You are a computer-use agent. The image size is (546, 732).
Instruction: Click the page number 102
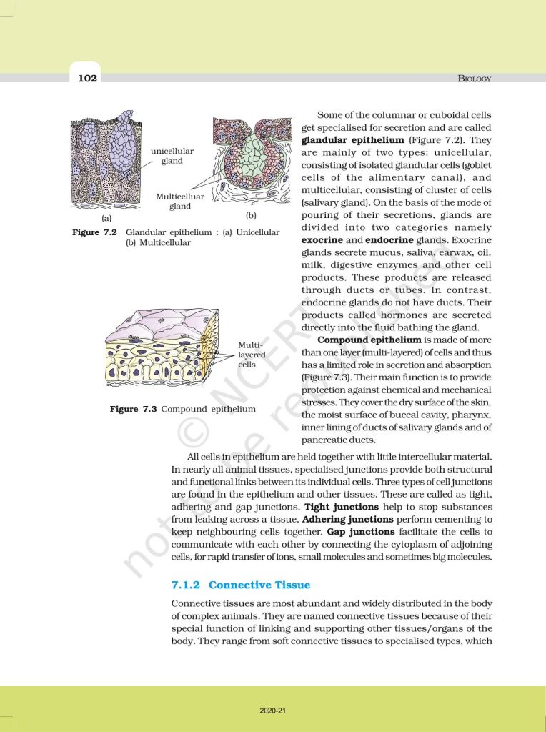(x=87, y=77)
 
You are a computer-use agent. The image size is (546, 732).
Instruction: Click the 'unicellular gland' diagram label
(x=172, y=156)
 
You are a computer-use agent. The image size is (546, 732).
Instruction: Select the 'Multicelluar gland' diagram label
(x=179, y=201)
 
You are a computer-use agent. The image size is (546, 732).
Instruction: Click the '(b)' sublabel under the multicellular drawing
(x=250, y=215)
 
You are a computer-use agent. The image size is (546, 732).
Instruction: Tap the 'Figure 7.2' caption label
(x=94, y=232)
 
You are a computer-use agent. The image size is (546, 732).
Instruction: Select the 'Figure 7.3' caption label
(x=133, y=409)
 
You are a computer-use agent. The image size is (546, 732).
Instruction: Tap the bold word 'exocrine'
(x=322, y=240)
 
